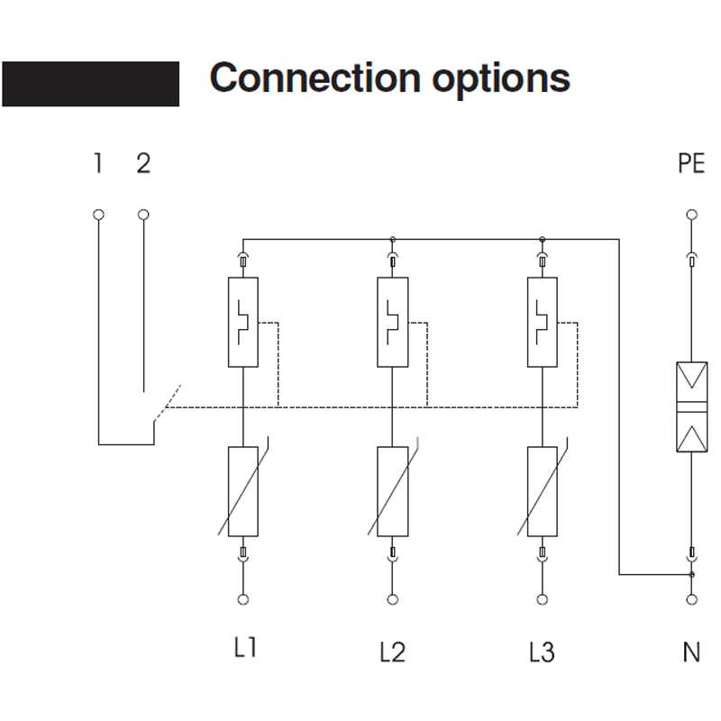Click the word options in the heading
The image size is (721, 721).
point(500,79)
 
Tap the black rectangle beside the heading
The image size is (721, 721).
point(90,84)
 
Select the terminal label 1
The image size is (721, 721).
point(97,164)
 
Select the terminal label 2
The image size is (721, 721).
point(143,164)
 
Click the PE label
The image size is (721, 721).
point(691,165)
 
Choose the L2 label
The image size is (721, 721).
point(392,650)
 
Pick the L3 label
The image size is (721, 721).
point(542,650)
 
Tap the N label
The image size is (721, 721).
point(691,651)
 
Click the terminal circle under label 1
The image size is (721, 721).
point(98,214)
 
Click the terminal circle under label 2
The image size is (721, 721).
point(143,214)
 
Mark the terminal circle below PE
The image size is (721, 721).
point(691,214)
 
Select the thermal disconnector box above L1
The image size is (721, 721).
point(242,322)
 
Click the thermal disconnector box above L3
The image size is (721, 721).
point(542,322)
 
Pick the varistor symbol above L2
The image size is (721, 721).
point(392,490)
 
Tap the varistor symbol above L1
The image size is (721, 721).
point(242,490)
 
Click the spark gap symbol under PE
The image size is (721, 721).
point(691,406)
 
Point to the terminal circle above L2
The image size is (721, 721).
point(392,599)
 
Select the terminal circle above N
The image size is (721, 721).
point(691,599)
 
